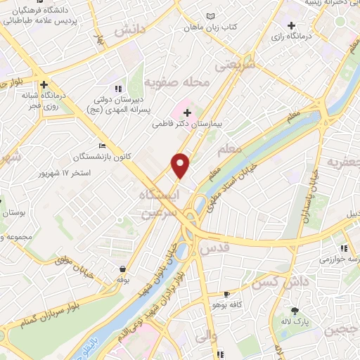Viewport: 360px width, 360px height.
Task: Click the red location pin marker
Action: click(x=181, y=165)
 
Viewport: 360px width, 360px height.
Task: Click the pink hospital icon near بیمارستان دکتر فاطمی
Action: click(x=187, y=110)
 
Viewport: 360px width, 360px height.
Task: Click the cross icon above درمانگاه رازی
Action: click(x=290, y=25)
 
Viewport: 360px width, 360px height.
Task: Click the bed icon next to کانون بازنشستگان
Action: click(x=104, y=146)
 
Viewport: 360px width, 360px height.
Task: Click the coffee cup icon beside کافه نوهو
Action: click(x=226, y=295)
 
